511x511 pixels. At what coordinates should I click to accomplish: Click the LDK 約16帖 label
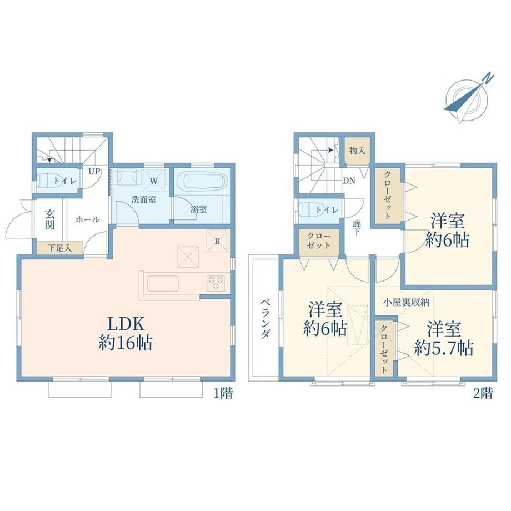point(126,333)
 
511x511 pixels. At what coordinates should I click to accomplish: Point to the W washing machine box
point(154,180)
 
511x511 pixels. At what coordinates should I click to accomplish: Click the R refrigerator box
point(217,241)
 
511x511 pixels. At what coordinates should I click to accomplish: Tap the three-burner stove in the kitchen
point(216,283)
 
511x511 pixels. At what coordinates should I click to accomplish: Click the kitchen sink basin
point(163,284)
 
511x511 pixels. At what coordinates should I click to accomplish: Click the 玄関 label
point(49,219)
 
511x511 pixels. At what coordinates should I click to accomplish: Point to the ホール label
point(87,219)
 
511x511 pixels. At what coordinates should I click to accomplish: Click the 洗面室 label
point(143,199)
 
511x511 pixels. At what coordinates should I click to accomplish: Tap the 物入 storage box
point(358,151)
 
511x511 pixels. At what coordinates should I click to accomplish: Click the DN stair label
point(349,181)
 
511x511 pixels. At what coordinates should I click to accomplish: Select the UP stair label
point(94,172)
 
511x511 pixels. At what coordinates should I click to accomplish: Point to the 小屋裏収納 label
point(406,302)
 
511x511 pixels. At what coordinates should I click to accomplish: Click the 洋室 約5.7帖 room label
point(444,339)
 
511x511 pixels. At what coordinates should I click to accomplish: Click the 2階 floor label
point(483,394)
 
